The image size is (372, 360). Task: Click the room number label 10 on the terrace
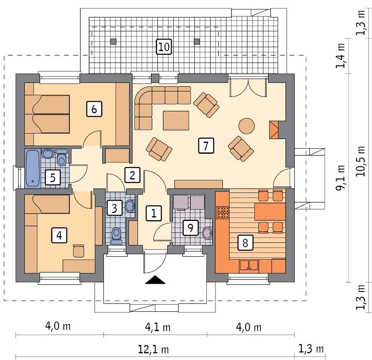click(164, 47)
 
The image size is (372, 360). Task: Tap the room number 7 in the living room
click(206, 146)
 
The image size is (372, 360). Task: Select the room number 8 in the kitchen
click(245, 243)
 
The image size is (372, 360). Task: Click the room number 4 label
click(59, 235)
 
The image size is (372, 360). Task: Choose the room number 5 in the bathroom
click(52, 177)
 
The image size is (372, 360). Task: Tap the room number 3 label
click(114, 208)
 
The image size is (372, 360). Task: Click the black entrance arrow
click(155, 280)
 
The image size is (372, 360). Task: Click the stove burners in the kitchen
click(223, 212)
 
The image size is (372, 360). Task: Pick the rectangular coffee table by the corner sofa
click(176, 120)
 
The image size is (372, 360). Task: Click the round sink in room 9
click(207, 233)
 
